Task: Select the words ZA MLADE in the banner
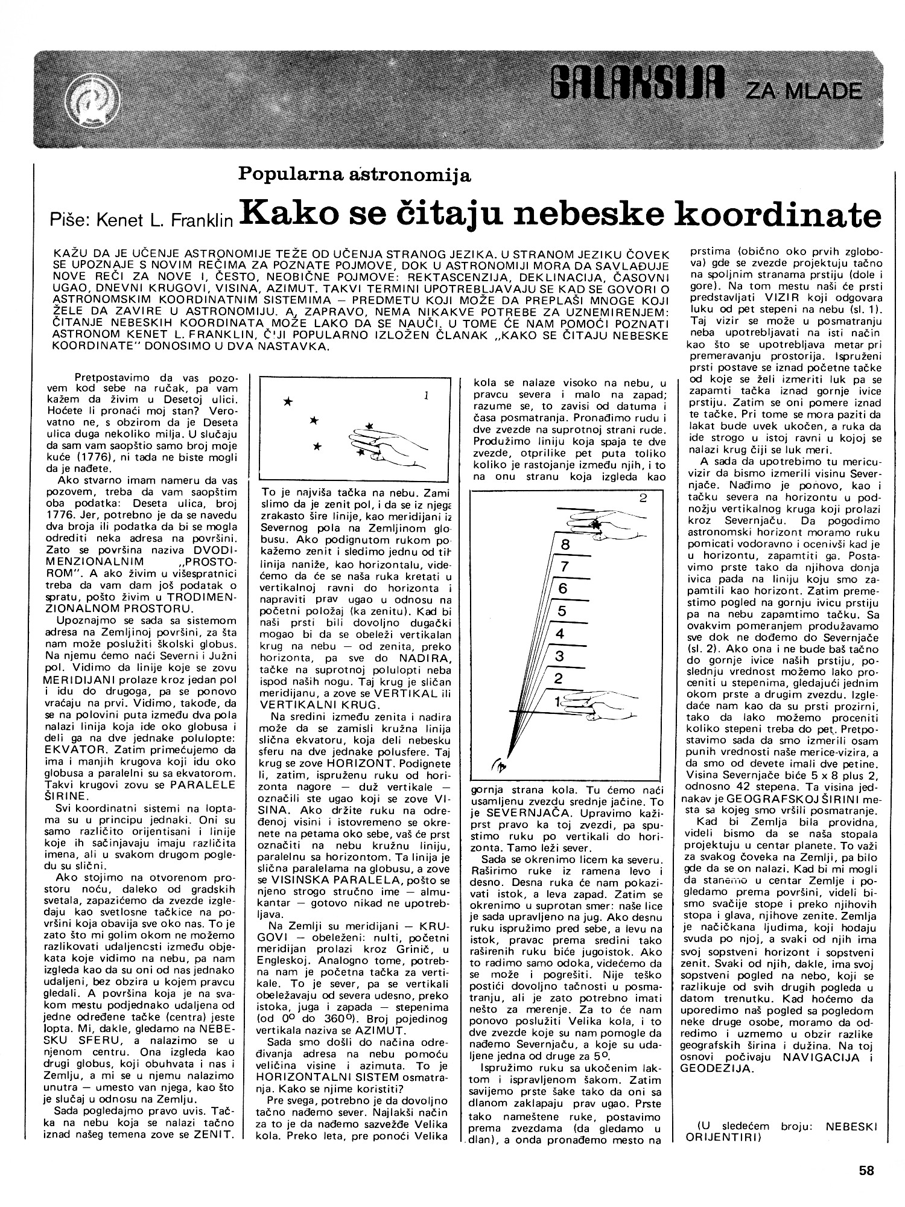tap(802, 91)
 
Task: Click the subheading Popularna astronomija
tap(355, 174)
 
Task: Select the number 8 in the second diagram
tap(565, 544)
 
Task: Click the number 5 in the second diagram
tap(561, 611)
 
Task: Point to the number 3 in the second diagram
tap(559, 655)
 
